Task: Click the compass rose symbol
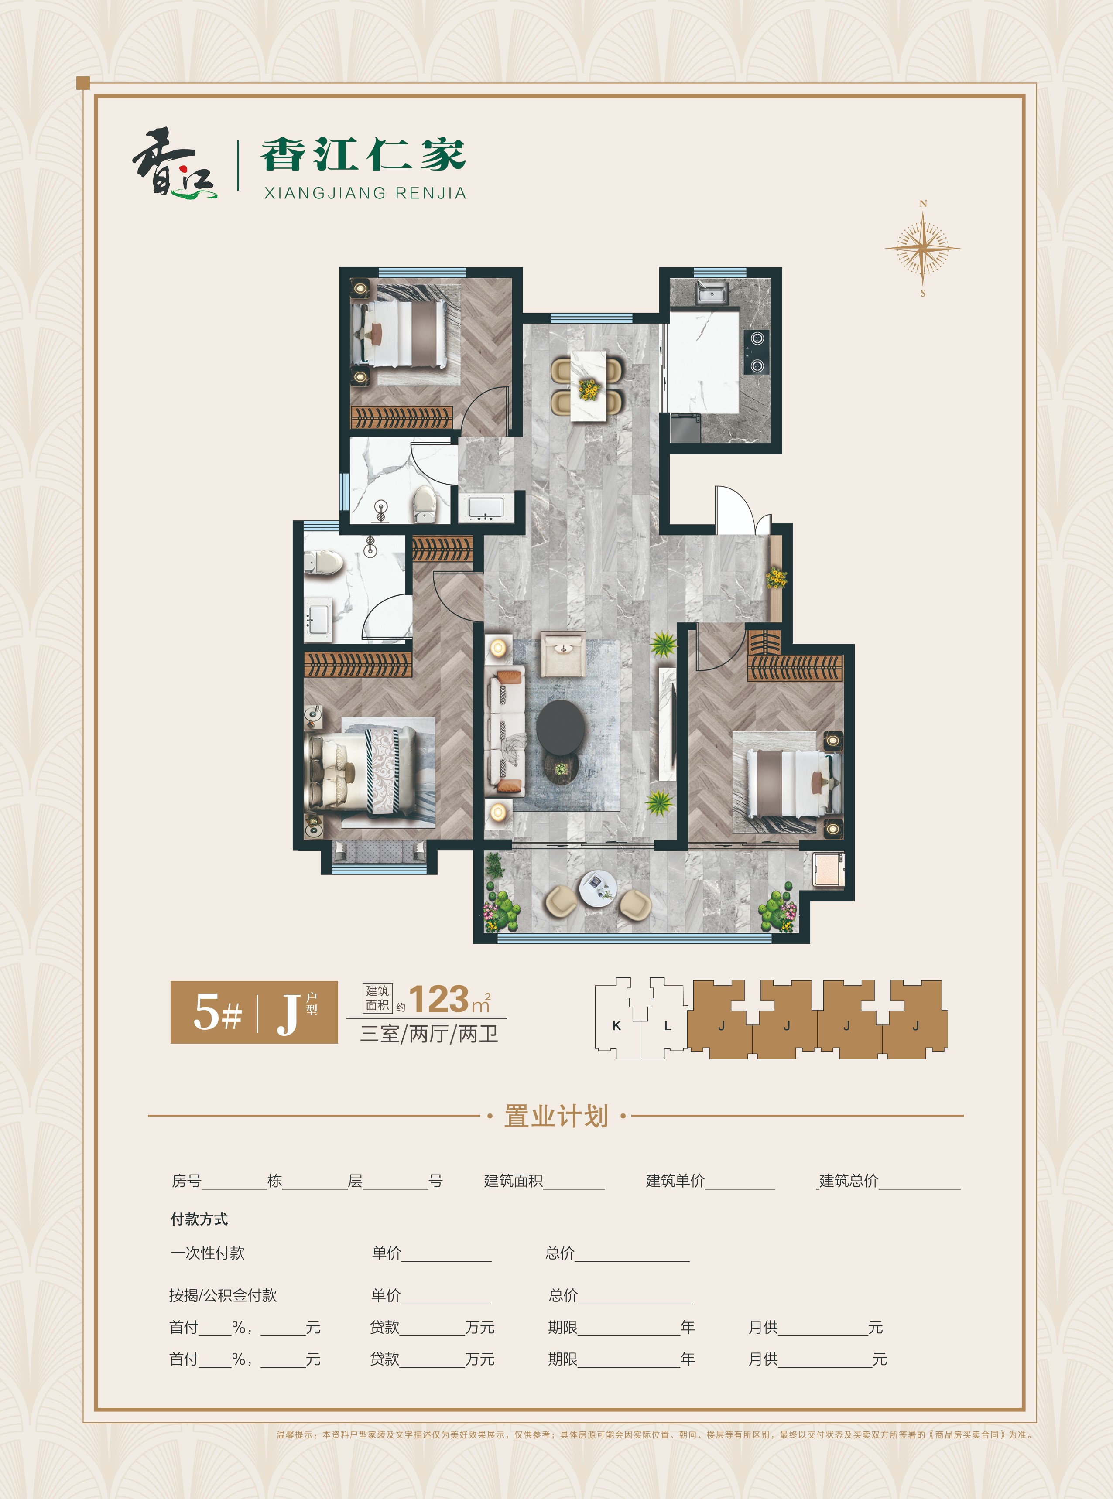click(x=922, y=247)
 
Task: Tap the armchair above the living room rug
click(x=563, y=653)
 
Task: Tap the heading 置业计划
click(x=557, y=1116)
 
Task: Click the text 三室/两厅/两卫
click(x=429, y=1034)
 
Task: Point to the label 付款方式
click(x=199, y=1219)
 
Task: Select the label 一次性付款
click(x=208, y=1253)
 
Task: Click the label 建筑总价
click(x=849, y=1180)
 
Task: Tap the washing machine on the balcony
click(x=828, y=869)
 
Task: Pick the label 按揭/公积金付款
click(x=223, y=1295)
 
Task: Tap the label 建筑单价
click(x=675, y=1180)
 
